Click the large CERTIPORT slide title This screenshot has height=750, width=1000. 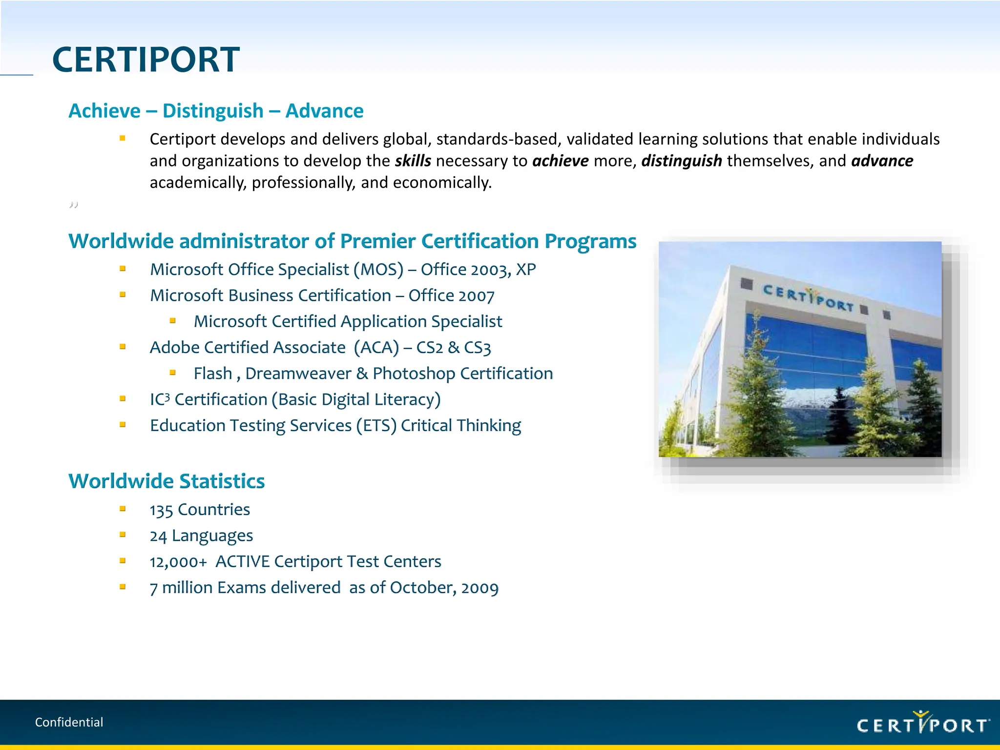[146, 60]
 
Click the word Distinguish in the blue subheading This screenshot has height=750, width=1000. [213, 111]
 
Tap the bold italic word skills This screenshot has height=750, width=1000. [413, 161]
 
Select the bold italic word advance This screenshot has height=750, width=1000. [882, 161]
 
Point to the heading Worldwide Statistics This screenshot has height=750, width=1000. [167, 481]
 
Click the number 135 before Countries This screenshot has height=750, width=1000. [161, 510]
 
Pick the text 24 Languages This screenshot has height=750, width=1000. [201, 536]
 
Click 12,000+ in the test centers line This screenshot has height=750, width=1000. [178, 562]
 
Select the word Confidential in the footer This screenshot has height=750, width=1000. [69, 722]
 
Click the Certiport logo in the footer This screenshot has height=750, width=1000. [923, 724]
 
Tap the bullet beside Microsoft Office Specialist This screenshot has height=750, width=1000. [123, 269]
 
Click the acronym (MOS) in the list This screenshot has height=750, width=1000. [378, 270]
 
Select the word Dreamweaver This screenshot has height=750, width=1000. [298, 374]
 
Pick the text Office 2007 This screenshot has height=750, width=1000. [451, 296]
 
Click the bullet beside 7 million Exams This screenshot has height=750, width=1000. [123, 587]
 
